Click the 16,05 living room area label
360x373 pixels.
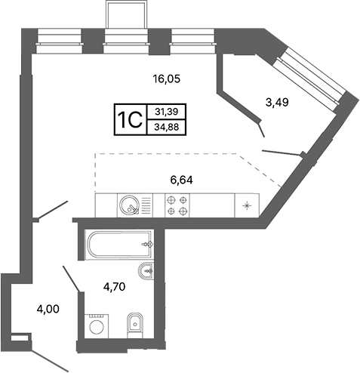coord(167,79)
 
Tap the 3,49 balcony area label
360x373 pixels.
coord(277,102)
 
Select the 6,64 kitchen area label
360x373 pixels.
coord(181,180)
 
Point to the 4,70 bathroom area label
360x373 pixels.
coord(114,286)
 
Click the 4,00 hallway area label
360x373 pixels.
coord(48,309)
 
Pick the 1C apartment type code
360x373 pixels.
coord(131,120)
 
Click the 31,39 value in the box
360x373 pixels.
coord(167,112)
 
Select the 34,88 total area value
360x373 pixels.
coord(167,127)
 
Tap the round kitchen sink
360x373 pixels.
coord(129,205)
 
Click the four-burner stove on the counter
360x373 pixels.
coord(177,205)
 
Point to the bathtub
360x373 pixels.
coord(119,244)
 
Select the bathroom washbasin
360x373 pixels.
coord(146,271)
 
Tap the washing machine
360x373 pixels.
coord(97,326)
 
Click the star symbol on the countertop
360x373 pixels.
coord(247,205)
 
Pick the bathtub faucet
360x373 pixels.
coord(148,244)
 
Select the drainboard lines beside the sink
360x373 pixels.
coord(146,205)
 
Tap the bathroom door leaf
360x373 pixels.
coord(72,279)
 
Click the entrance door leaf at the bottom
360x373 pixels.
coord(50,360)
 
